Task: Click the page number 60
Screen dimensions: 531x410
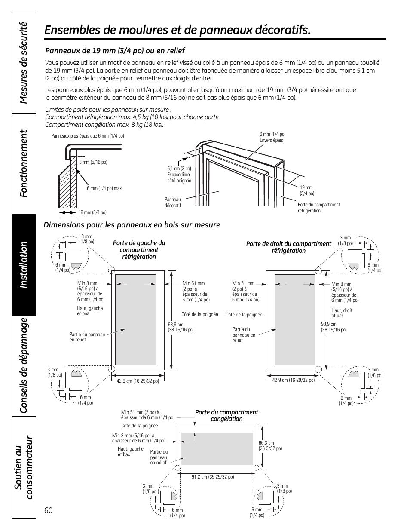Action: pyautogui.click(x=48, y=510)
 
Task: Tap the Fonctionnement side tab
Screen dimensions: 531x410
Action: pyautogui.click(x=23, y=163)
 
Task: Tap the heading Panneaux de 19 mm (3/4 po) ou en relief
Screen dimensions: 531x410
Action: pyautogui.click(x=115, y=51)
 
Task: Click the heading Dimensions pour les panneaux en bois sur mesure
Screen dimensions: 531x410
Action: pyautogui.click(x=132, y=225)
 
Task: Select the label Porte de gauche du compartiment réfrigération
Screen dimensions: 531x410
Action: pyautogui.click(x=139, y=250)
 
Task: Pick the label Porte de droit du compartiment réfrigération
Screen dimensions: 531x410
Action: pyautogui.click(x=288, y=247)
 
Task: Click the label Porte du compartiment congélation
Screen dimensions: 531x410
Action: pyautogui.click(x=226, y=415)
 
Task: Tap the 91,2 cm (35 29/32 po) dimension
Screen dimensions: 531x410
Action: pyautogui.click(x=213, y=477)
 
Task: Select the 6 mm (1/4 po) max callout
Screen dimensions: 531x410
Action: pyautogui.click(x=104, y=188)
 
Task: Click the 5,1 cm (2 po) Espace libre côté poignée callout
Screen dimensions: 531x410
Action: pyautogui.click(x=179, y=175)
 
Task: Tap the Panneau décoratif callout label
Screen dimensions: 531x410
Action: pyautogui.click(x=173, y=203)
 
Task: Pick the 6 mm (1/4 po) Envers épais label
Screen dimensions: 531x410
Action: pyautogui.click(x=272, y=137)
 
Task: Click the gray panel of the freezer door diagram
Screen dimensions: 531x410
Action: pyautogui.click(x=216, y=449)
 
